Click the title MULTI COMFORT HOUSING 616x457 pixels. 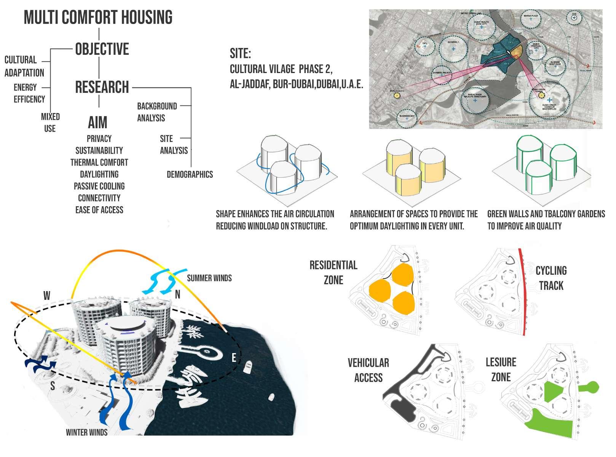pos(98,18)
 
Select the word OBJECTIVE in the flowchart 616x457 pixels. pos(102,49)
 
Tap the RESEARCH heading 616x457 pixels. pos(102,87)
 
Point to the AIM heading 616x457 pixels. pos(98,123)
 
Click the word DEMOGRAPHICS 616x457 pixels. pos(190,175)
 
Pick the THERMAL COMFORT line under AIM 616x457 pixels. pos(99,162)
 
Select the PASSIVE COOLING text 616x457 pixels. pos(99,186)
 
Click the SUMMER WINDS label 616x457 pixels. pos(209,278)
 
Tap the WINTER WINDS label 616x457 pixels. pos(86,432)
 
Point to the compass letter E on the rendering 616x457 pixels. pos(234,357)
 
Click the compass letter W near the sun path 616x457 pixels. pos(47,296)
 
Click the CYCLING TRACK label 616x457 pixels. pos(551,278)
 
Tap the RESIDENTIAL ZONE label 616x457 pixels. pos(334,272)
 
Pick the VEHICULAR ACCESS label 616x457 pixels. pos(368,370)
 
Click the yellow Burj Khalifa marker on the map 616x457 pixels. pos(397,96)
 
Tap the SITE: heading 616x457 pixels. pos(240,54)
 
